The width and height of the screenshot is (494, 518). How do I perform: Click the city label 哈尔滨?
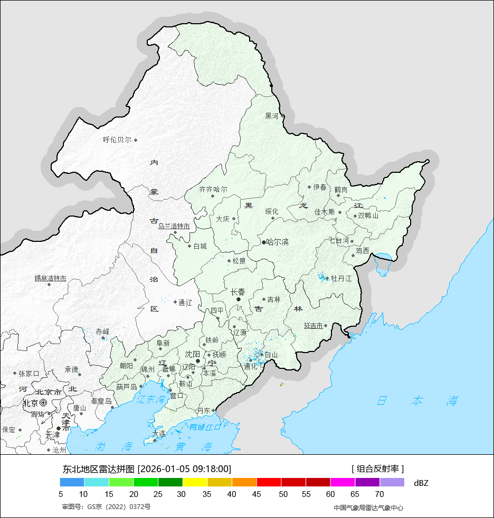point(278,242)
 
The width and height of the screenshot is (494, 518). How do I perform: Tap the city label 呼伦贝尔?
point(117,140)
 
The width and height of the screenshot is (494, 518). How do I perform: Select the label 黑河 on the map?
point(271,116)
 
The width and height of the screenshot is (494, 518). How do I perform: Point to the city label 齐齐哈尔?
point(213,189)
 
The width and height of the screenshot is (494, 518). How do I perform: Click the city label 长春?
point(238,291)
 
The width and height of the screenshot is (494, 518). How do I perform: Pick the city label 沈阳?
point(193,354)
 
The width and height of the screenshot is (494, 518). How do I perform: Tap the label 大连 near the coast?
point(158,434)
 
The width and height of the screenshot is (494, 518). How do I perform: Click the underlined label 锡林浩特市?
point(51,278)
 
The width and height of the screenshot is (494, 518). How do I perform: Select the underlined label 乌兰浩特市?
point(174,226)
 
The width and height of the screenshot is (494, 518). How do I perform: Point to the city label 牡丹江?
point(341,278)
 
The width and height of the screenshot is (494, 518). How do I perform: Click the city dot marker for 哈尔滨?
point(264,242)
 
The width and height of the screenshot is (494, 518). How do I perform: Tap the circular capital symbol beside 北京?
point(43,403)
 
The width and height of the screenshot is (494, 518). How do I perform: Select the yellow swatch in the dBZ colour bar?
point(195,482)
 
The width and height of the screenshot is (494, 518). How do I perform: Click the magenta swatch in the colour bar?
point(343,482)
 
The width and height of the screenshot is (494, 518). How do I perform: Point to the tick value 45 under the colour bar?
point(256,494)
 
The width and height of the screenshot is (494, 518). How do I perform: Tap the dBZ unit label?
point(421,483)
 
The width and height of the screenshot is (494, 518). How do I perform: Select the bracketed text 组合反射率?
point(377,468)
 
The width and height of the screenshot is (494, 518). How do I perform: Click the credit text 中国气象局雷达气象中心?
point(368,507)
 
